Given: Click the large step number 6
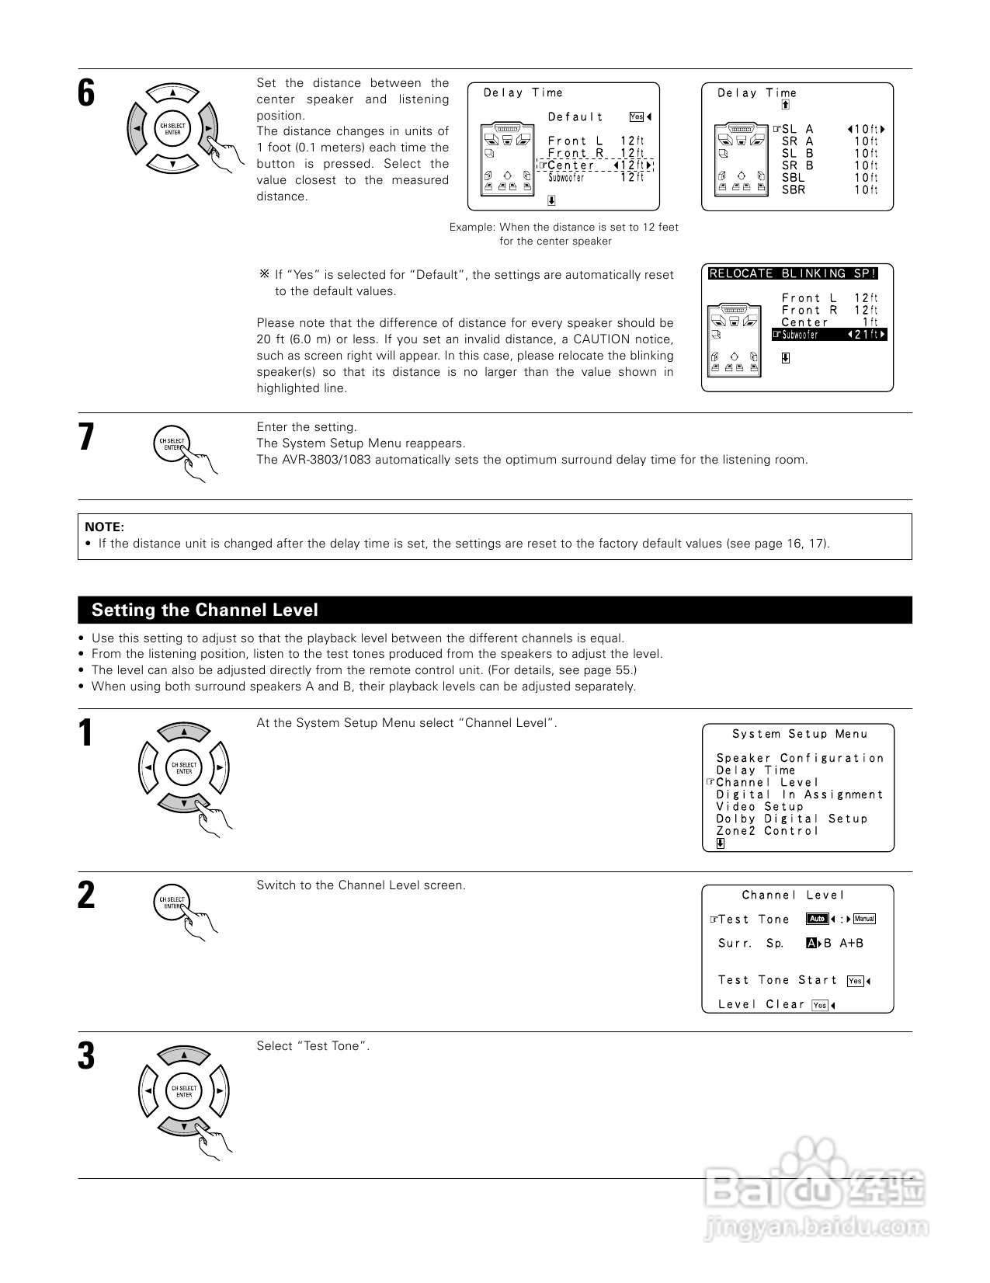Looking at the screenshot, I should [x=86, y=93].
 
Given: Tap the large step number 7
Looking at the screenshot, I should [x=86, y=437].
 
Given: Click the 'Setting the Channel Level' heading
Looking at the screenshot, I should [x=205, y=610].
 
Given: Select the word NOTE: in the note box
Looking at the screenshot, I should [x=104, y=527].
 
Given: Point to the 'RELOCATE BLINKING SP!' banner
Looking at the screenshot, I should [x=793, y=273].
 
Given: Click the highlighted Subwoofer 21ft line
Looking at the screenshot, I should [x=829, y=335].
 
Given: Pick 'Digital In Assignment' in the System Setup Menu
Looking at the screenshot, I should [x=800, y=794].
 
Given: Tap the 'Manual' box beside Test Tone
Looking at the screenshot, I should [x=864, y=919].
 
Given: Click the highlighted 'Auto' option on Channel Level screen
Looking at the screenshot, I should [x=817, y=919].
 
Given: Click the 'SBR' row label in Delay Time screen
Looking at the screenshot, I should [x=793, y=190].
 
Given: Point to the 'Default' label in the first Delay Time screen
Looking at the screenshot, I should [x=575, y=117].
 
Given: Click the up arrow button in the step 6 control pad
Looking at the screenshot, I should [x=172, y=93].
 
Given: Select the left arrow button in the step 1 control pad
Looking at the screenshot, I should [x=148, y=767].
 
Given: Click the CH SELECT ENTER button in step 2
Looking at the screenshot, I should [x=172, y=902].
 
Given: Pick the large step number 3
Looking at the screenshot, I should [x=86, y=1056].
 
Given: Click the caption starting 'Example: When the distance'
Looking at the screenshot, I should [x=563, y=234].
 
